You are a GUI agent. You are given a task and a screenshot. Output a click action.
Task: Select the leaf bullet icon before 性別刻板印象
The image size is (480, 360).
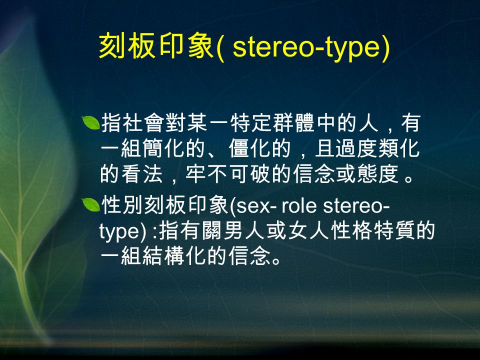(x=92, y=204)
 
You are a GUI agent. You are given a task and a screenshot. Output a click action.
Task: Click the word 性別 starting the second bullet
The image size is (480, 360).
(x=121, y=205)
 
